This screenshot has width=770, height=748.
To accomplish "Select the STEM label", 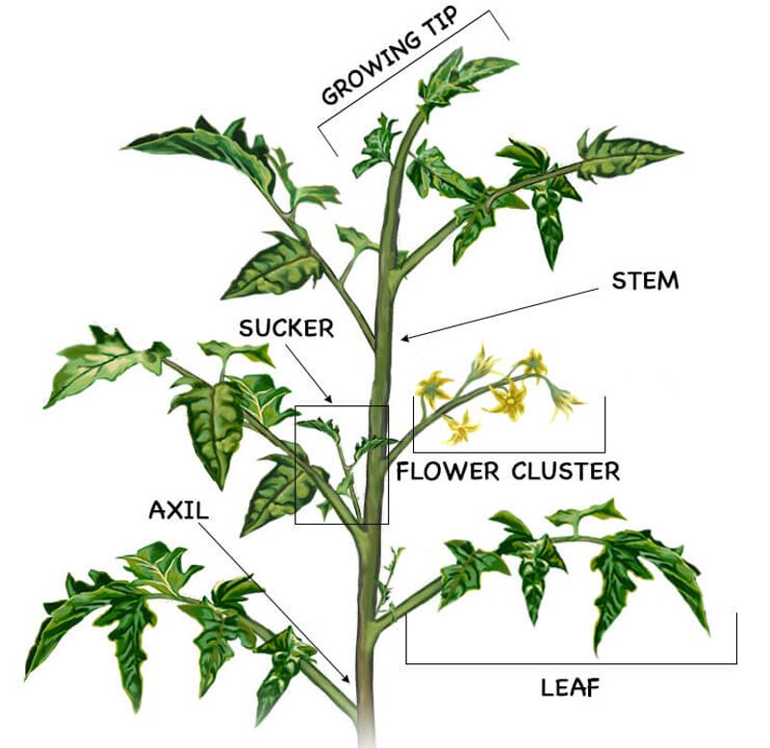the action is tap(645, 281).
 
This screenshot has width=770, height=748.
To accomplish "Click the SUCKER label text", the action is tap(286, 328).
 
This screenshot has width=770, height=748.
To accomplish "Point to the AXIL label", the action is tap(179, 510).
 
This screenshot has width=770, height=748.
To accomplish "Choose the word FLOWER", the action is tap(448, 472).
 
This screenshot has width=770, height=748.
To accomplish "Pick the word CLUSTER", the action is tap(566, 472).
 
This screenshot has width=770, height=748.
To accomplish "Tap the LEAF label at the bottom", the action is tap(570, 687).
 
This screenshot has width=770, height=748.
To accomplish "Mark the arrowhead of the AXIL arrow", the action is tap(346, 679).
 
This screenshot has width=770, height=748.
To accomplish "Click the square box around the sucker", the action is tap(295, 465).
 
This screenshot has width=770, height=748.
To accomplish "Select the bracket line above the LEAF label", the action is tap(571, 663).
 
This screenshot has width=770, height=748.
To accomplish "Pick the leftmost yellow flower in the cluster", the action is tap(432, 387).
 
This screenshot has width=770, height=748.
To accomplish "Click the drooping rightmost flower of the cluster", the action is tap(565, 400).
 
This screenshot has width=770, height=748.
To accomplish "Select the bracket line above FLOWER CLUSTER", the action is tap(509, 451).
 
